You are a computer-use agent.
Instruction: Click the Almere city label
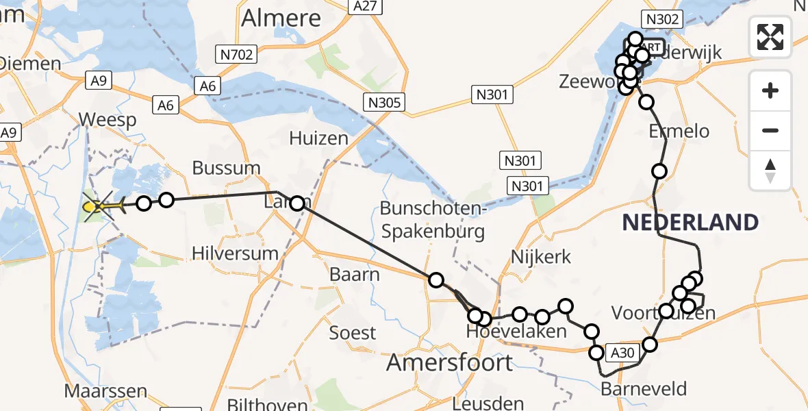tap(281, 18)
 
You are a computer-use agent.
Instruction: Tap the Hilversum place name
tap(235, 253)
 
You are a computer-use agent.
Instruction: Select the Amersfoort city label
tap(449, 362)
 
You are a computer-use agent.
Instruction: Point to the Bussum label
tap(226, 168)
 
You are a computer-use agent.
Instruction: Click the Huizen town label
tap(318, 138)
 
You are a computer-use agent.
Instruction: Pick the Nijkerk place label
tap(541, 257)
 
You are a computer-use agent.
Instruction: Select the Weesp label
tap(107, 120)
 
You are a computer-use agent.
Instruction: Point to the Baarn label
tap(355, 275)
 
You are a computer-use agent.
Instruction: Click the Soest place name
tap(353, 333)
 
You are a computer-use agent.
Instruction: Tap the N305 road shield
tap(384, 103)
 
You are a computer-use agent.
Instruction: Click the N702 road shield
tap(236, 54)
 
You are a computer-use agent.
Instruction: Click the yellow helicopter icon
tap(99, 205)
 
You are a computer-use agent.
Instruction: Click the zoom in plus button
tap(770, 90)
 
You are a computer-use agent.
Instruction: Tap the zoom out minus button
tap(770, 130)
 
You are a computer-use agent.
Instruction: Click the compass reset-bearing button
tap(770, 170)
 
